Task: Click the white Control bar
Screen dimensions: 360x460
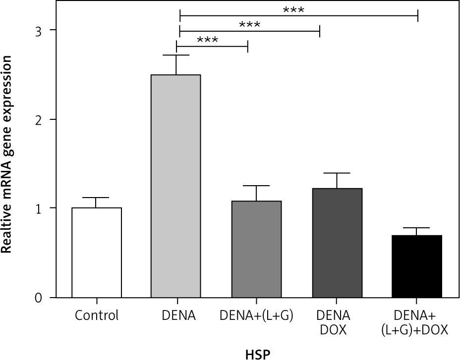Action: point(97,253)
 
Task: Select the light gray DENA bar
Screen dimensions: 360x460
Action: point(175,186)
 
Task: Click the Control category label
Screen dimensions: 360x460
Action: point(97,315)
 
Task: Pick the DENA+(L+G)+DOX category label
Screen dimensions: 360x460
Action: point(417,322)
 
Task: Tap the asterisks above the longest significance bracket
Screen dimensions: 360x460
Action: point(293,9)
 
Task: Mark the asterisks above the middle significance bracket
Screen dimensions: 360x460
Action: point(249,25)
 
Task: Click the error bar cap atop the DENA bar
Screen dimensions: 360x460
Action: point(176,55)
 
